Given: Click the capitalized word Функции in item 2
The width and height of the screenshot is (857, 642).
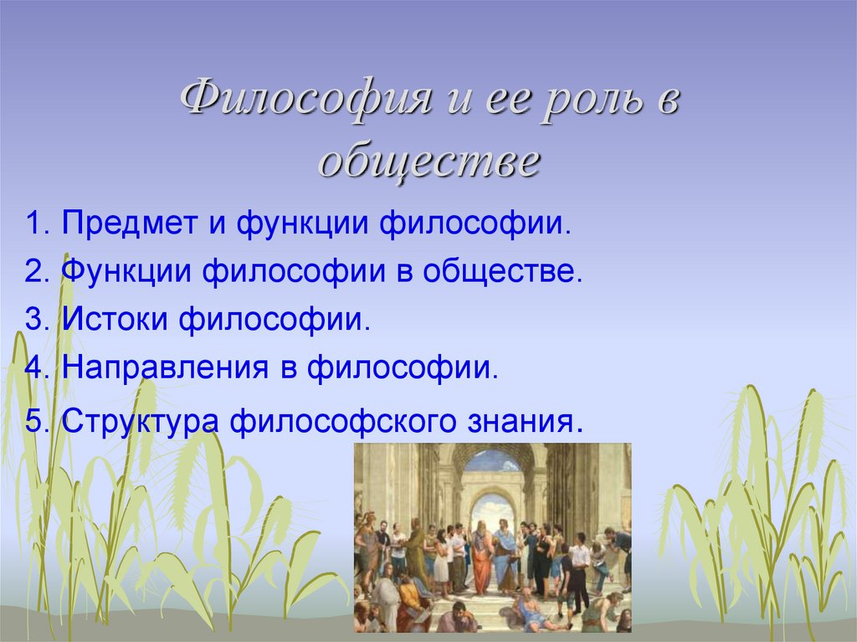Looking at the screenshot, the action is pos(126,272).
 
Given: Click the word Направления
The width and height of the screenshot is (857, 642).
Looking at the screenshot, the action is pos(165,368).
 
